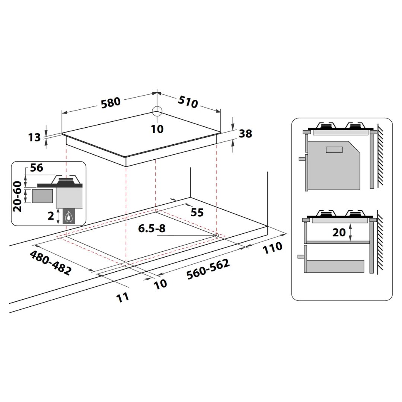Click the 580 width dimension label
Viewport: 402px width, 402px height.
(x=111, y=103)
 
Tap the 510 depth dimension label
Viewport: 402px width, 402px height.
(x=188, y=102)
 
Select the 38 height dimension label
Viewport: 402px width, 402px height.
(x=245, y=134)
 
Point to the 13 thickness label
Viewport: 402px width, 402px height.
(x=34, y=137)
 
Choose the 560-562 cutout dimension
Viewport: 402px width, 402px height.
(x=208, y=269)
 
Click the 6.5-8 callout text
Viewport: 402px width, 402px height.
(x=152, y=228)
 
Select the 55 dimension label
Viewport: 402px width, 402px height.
(x=197, y=212)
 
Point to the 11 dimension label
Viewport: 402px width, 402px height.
(x=122, y=297)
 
